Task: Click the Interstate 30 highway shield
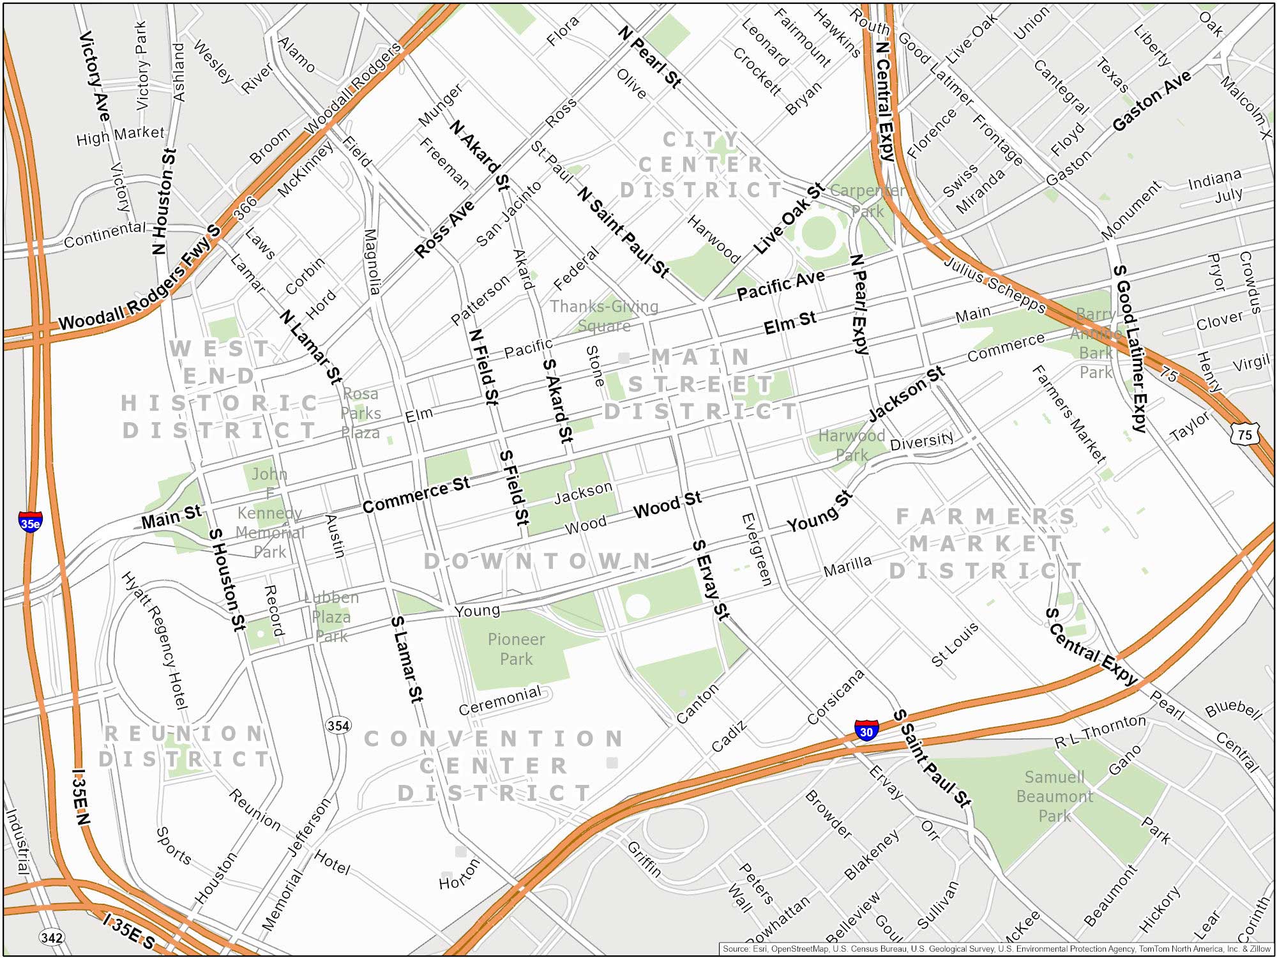click(866, 730)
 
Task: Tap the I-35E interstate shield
click(31, 522)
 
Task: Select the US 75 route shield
click(1244, 434)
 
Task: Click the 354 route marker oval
click(338, 726)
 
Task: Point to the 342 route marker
click(52, 937)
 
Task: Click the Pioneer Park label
click(516, 649)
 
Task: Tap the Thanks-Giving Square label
click(604, 316)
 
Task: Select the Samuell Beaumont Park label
click(1054, 796)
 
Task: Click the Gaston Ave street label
click(1151, 101)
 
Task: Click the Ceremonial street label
click(500, 701)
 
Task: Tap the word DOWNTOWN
click(538, 561)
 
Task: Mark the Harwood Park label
click(851, 445)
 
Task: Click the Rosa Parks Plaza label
click(360, 413)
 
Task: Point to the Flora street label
click(563, 31)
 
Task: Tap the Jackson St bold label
click(906, 395)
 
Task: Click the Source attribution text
click(996, 949)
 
